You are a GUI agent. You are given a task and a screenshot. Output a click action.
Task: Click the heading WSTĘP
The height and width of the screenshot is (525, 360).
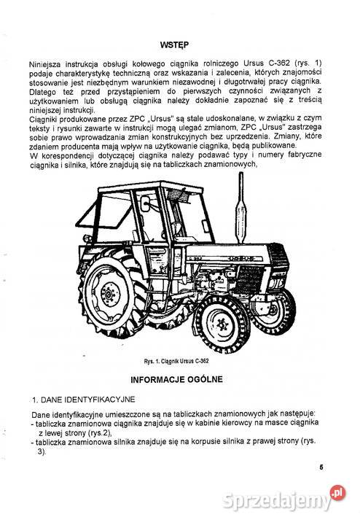tap(179, 44)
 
